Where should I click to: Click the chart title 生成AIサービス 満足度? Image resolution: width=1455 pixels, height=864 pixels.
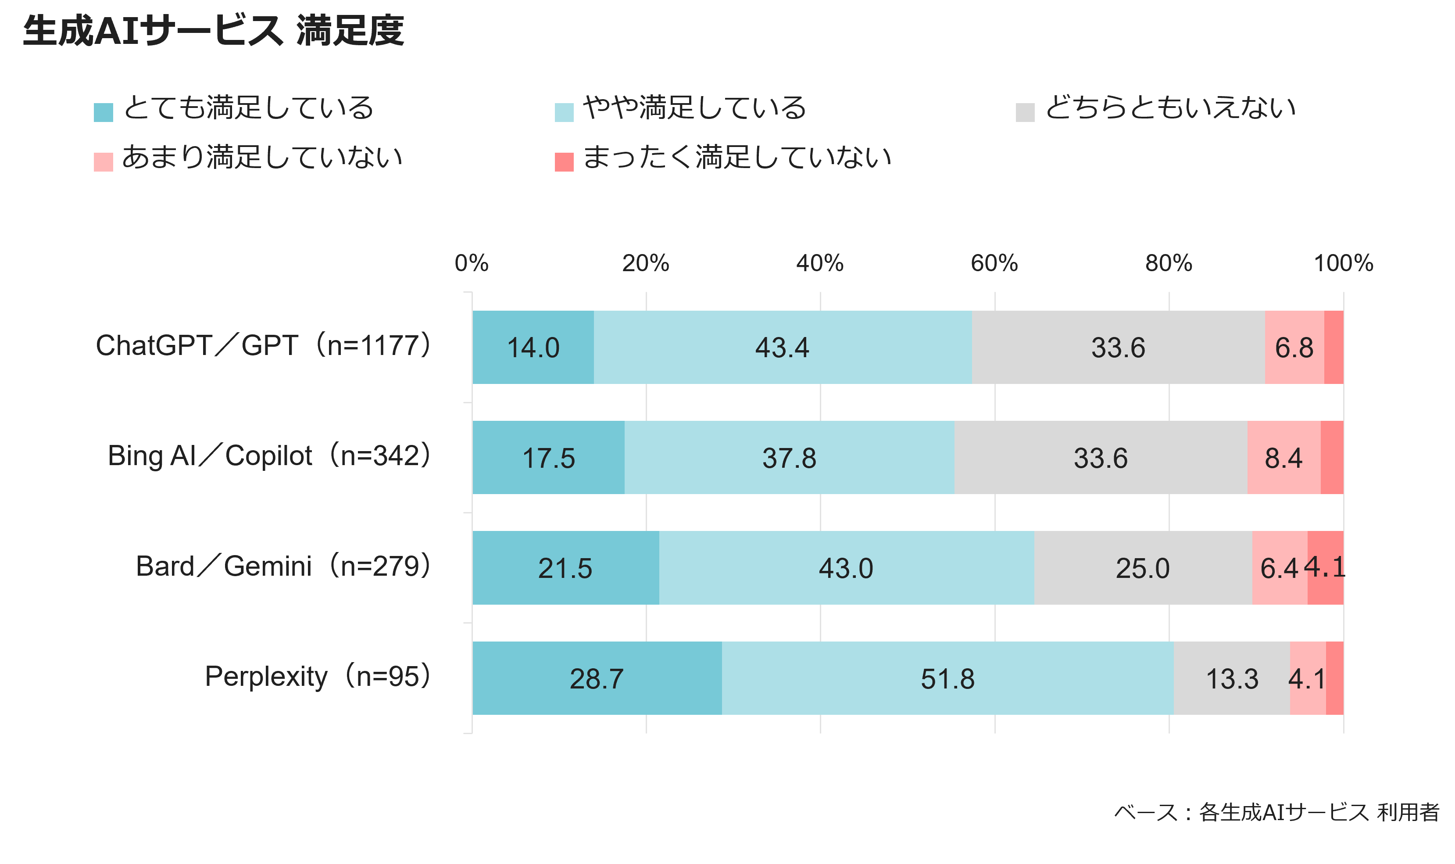click(x=213, y=31)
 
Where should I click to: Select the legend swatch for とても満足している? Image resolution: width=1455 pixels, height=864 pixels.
click(x=103, y=112)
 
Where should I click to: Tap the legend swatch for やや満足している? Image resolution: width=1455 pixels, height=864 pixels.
click(x=564, y=112)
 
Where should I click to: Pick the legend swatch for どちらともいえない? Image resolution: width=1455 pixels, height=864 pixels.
click(x=1025, y=112)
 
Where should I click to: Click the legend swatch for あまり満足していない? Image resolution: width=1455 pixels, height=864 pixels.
click(x=103, y=162)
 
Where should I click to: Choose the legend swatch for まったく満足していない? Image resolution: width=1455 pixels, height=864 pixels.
click(x=564, y=162)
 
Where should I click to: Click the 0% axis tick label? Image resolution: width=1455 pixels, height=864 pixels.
click(x=472, y=263)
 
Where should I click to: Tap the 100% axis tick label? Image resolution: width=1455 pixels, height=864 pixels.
click(x=1343, y=263)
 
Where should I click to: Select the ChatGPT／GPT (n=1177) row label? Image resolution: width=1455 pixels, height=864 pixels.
click(x=264, y=345)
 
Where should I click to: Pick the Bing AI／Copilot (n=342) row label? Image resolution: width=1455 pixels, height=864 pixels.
click(x=269, y=455)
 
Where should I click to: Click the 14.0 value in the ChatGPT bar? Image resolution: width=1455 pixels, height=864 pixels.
click(x=533, y=348)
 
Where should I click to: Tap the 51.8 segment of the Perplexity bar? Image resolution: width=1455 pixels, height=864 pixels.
click(x=948, y=678)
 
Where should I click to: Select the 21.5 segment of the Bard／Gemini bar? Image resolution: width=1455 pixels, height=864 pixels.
click(x=566, y=568)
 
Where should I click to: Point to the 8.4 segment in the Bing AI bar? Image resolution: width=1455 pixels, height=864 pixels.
click(x=1284, y=458)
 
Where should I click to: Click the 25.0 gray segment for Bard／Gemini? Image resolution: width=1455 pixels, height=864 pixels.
click(x=1143, y=568)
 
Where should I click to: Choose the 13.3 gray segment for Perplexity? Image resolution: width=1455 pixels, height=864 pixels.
click(x=1232, y=678)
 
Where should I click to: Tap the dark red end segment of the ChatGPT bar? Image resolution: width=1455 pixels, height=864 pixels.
click(x=1334, y=348)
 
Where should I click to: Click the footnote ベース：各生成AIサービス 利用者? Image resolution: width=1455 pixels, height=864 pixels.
click(x=1277, y=812)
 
